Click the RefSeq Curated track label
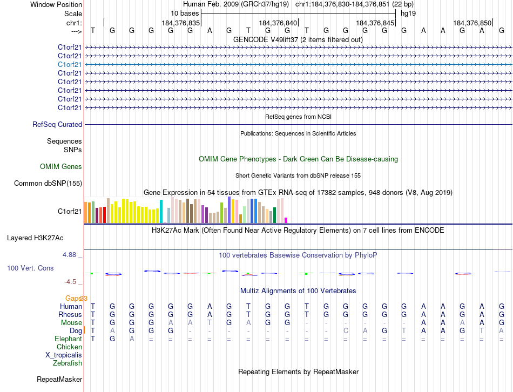click(x=57, y=125)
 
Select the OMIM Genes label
click(x=61, y=167)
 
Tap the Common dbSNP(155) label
click(x=48, y=184)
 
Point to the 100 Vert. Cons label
click(x=33, y=268)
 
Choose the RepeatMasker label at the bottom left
click(x=59, y=380)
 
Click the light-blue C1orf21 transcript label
click(x=70, y=64)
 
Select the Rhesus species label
click(x=71, y=315)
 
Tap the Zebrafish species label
click(x=67, y=363)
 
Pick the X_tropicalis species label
click(x=64, y=355)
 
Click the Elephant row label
click(x=68, y=339)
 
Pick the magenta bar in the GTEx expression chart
click(x=286, y=220)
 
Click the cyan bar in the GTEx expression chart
click(x=161, y=211)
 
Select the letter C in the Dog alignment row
click(x=346, y=331)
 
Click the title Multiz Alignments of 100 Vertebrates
click(x=298, y=291)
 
